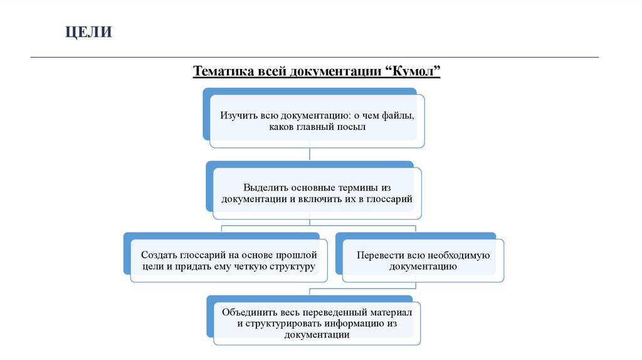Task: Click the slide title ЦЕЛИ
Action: click(89, 31)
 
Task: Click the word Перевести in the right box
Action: click(379, 255)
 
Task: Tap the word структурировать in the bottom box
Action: click(283, 324)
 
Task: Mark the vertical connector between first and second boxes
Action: click(311, 155)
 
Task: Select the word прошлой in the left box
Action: click(295, 255)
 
